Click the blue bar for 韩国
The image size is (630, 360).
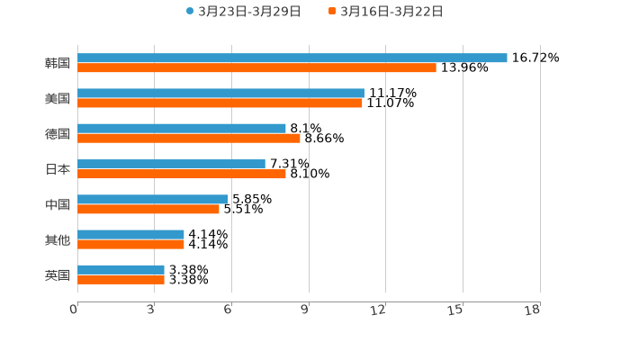[292, 58]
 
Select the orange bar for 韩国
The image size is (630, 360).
[256, 67]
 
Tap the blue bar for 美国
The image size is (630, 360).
[220, 93]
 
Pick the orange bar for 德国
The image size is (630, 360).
[189, 138]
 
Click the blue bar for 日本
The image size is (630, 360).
[171, 164]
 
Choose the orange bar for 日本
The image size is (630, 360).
[182, 174]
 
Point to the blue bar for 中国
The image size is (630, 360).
[153, 199]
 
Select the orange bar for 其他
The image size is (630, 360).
[130, 244]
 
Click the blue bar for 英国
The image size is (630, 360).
[121, 269]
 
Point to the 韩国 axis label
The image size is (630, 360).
[58, 63]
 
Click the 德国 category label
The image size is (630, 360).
[58, 133]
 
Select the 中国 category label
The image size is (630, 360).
[58, 204]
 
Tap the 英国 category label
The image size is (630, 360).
[58, 274]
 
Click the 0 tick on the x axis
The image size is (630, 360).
[75, 310]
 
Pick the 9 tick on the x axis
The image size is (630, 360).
[305, 310]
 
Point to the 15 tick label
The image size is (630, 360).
[455, 310]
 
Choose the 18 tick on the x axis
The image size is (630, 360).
[533, 310]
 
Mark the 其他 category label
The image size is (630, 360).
[58, 239]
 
